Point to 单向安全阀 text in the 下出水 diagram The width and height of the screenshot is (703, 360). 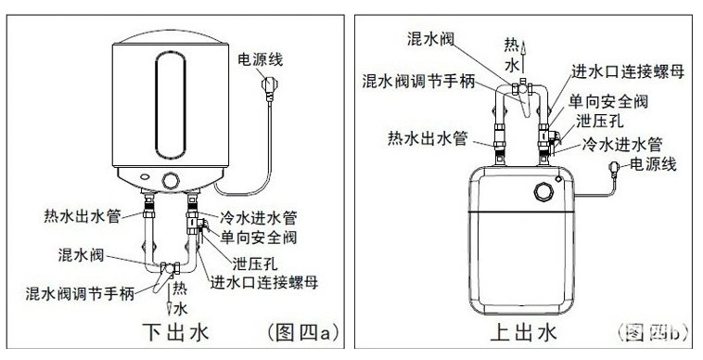tap(260, 238)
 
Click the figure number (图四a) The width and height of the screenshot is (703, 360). tap(298, 330)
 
